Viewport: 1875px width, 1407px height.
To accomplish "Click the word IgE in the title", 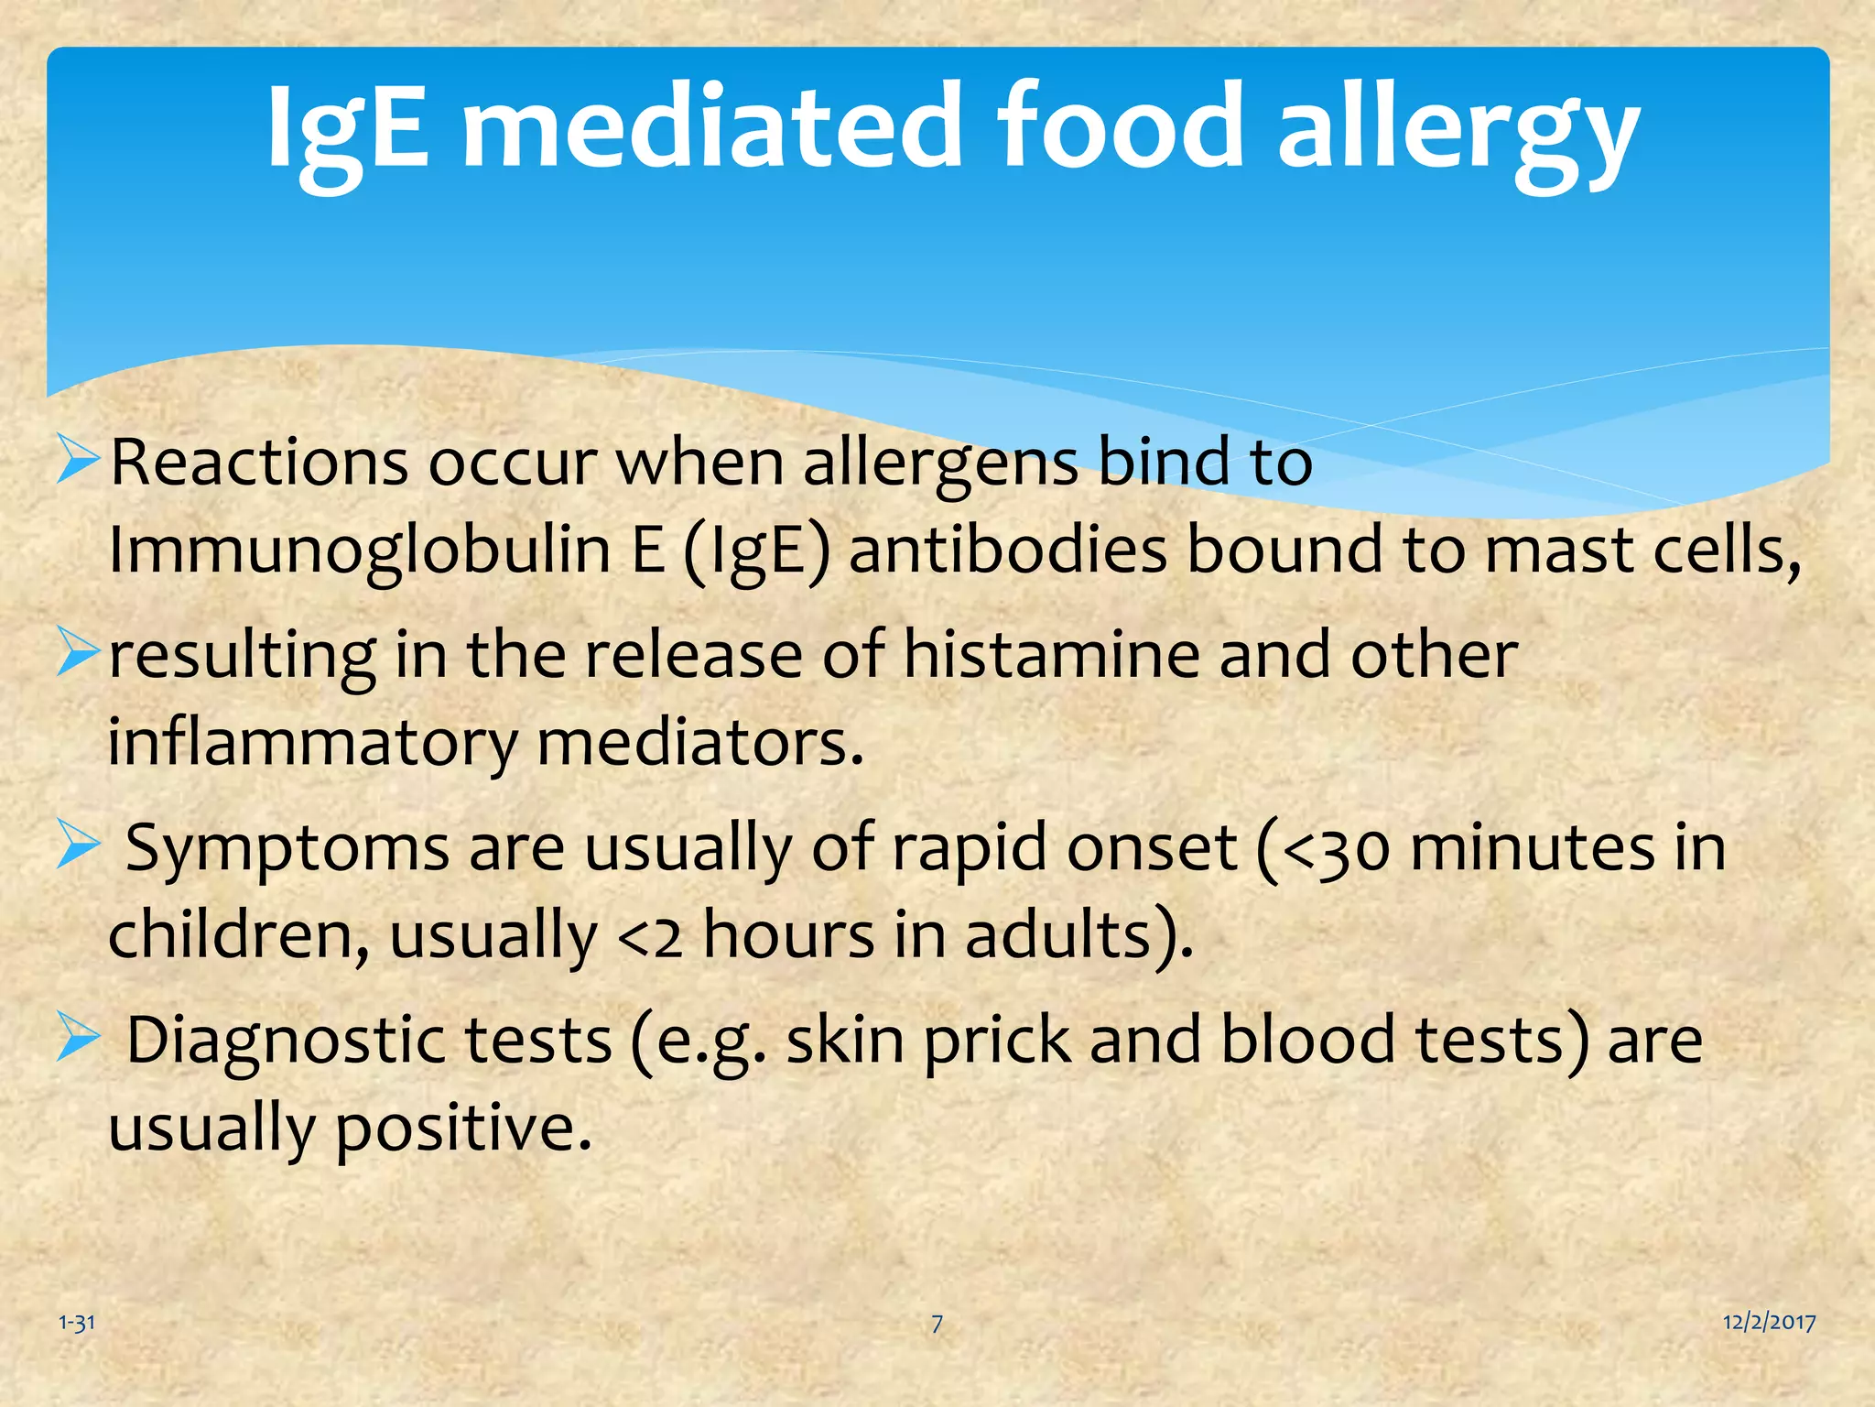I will point(347,128).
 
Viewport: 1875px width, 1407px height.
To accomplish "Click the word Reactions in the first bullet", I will point(259,463).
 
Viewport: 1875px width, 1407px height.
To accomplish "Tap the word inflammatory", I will point(312,743).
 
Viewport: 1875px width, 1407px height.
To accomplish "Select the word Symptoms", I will point(287,848).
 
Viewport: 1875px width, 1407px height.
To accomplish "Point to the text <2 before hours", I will point(651,936).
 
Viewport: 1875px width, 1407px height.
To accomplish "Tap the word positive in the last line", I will point(463,1128).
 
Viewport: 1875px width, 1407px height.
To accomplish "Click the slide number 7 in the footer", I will point(937,1323).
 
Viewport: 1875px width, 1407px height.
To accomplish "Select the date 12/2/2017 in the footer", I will point(1769,1322).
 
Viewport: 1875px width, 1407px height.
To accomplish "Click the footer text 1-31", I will point(77,1323).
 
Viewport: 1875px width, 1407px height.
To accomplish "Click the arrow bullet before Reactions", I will point(77,461).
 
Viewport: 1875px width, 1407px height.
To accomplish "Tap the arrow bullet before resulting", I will point(77,653).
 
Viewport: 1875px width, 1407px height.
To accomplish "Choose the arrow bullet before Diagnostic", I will point(77,1038).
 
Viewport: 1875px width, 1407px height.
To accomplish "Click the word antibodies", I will point(1007,551).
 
